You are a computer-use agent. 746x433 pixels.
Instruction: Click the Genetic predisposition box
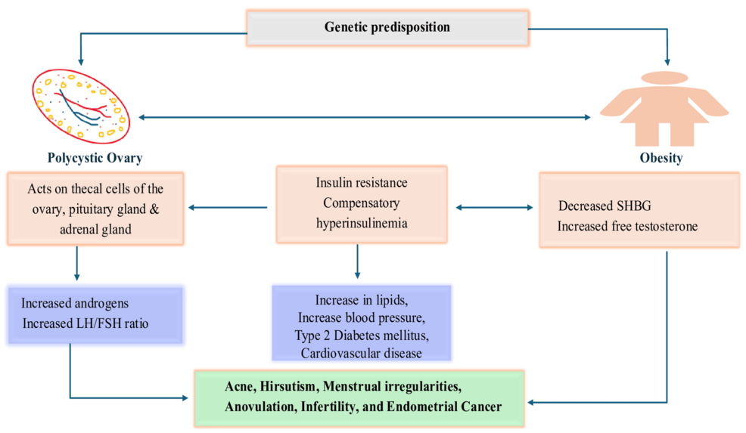[387, 27]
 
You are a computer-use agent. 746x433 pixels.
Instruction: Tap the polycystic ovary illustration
[81, 106]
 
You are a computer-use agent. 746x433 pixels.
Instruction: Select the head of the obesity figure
[664, 78]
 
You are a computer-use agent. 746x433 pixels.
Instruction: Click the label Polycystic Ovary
[95, 158]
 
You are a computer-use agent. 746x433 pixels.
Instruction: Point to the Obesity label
[661, 158]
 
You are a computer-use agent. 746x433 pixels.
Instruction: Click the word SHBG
[634, 206]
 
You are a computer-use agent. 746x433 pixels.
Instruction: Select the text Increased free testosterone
[627, 226]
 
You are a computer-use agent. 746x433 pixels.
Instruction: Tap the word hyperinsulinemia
[362, 224]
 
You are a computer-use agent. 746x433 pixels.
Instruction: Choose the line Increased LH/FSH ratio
[85, 323]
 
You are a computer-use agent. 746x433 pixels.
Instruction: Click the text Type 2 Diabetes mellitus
[362, 336]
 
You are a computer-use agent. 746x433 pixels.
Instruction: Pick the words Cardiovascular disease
[361, 354]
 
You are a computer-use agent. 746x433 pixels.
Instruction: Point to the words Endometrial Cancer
[444, 407]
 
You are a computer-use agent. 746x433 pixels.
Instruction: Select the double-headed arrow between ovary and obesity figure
[365, 117]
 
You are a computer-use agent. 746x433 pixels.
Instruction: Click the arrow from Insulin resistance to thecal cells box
[228, 207]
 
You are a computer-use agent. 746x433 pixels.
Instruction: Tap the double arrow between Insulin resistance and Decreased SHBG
[494, 207]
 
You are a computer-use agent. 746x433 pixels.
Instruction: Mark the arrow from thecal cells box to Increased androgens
[77, 263]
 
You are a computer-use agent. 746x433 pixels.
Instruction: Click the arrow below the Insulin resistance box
[357, 261]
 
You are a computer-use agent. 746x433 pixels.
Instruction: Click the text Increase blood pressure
[362, 317]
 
